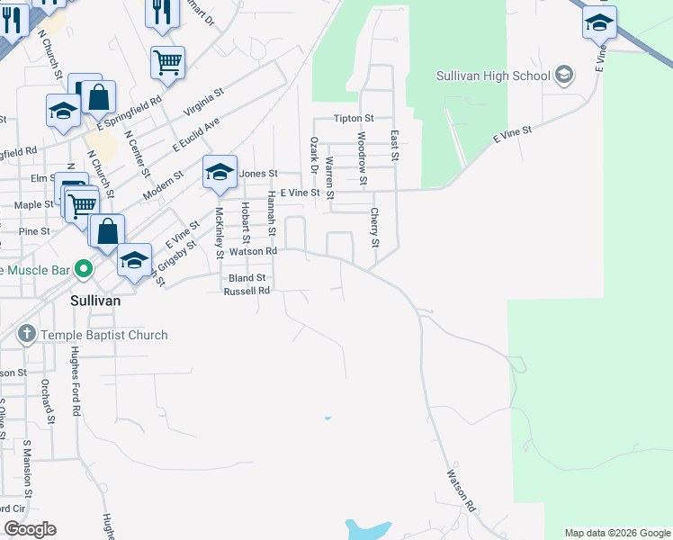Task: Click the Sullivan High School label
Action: (493, 76)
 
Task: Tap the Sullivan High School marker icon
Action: (564, 74)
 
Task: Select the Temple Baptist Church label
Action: (104, 335)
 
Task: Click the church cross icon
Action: (27, 335)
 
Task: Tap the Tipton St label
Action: (353, 119)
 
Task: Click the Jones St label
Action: (258, 173)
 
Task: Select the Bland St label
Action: (247, 278)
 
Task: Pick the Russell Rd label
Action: (247, 291)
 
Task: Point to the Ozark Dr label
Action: (314, 156)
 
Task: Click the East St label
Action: (394, 146)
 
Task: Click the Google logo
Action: (30, 529)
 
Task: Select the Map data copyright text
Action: (616, 533)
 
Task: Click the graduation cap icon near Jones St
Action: (220, 173)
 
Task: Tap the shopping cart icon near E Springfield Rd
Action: (167, 61)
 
